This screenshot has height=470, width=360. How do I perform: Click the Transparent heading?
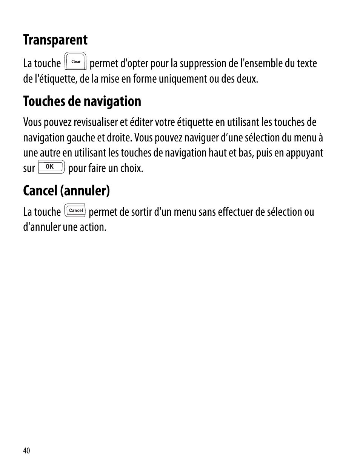coord(55,40)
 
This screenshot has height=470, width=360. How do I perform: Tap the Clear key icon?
coord(76,61)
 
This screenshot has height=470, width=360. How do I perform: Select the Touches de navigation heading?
coord(82,101)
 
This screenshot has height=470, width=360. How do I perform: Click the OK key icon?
coord(51,167)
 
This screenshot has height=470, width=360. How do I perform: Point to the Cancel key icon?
coord(75,210)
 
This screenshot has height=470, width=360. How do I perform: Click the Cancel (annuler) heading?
coord(66,191)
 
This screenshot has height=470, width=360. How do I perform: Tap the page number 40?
coord(26,451)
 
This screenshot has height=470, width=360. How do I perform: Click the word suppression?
coord(202,64)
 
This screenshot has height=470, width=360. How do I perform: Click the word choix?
coord(134,168)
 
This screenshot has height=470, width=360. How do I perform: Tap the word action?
coord(95,227)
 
